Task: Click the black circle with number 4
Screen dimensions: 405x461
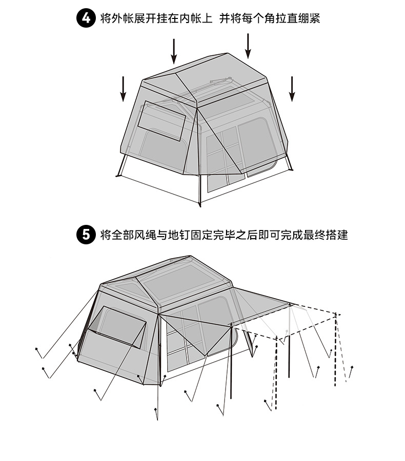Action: (86, 19)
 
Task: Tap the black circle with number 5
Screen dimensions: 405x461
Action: (86, 235)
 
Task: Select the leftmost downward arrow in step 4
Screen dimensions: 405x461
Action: (124, 89)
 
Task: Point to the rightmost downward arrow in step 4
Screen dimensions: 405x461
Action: (292, 89)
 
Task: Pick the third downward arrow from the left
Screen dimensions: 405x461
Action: (248, 46)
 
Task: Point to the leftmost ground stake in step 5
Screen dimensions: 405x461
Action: (36, 349)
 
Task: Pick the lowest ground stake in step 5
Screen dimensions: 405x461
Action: (156, 409)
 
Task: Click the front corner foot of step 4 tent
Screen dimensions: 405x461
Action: (199, 205)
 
